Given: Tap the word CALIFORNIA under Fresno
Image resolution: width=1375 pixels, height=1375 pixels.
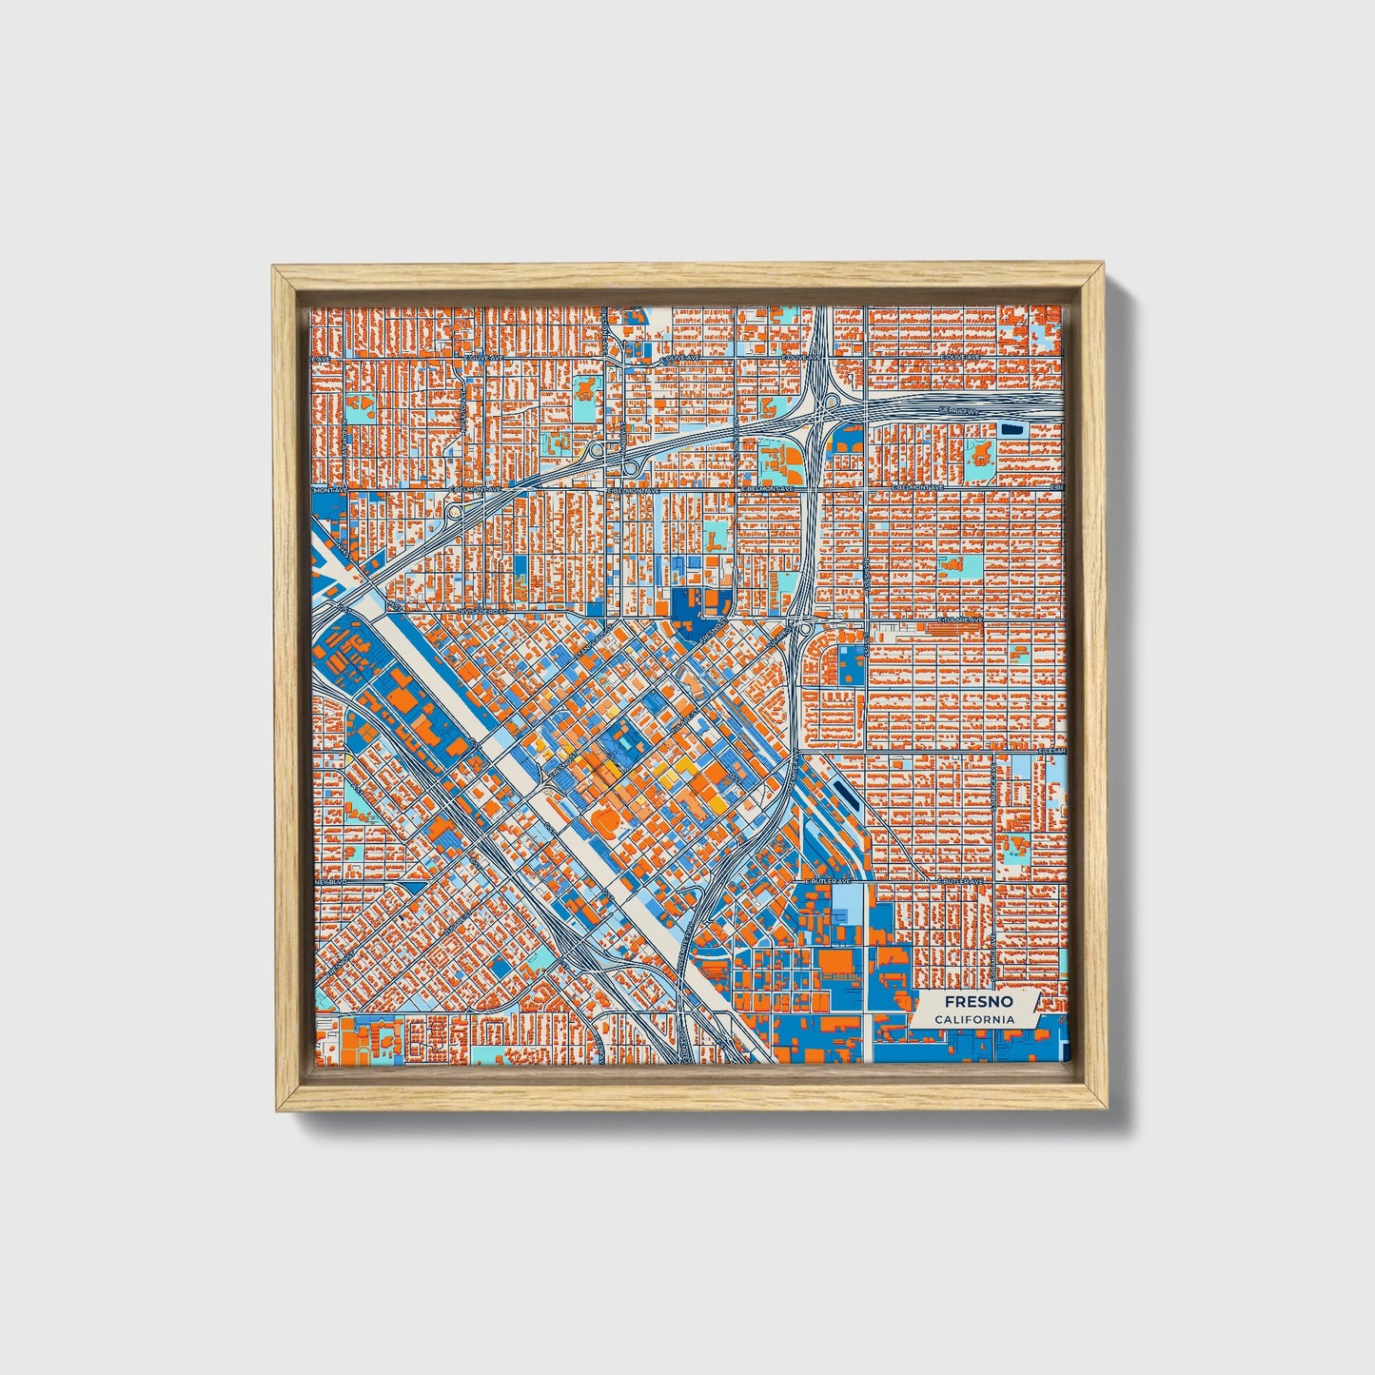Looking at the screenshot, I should pyautogui.click(x=972, y=1020).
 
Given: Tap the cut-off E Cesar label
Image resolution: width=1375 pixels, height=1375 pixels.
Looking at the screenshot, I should pyautogui.click(x=1054, y=751).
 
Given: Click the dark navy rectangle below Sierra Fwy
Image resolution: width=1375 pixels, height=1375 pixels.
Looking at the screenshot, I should pyautogui.click(x=1011, y=429).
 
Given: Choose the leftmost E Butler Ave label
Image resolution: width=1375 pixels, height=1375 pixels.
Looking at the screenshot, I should pyautogui.click(x=825, y=882).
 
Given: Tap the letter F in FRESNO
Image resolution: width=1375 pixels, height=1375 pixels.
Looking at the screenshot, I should pyautogui.click(x=950, y=1002).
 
